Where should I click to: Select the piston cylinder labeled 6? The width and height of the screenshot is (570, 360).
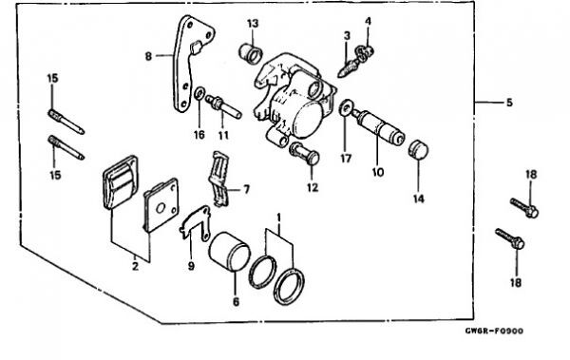tap(229, 252)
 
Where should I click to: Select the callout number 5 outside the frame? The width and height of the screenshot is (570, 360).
tap(509, 103)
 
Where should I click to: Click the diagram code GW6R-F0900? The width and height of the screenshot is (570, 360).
tap(494, 331)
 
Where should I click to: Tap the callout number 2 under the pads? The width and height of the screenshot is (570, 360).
tap(135, 267)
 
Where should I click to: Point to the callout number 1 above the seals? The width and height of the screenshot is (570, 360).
tap(278, 218)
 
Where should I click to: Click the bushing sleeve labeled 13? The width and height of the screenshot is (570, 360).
tap(251, 53)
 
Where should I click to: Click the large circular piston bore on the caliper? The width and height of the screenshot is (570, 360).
tap(308, 120)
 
